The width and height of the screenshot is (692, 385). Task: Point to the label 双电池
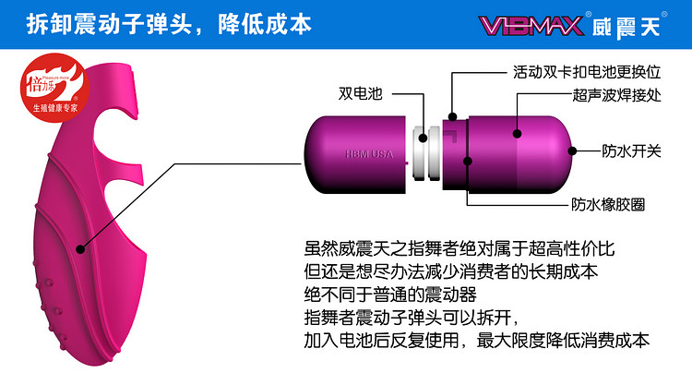pyautogui.click(x=359, y=93)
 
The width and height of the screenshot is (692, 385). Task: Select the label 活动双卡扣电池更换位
pyautogui.click(x=574, y=70)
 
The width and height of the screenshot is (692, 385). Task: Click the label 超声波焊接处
pyautogui.click(x=613, y=94)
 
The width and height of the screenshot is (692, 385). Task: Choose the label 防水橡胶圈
pyautogui.click(x=609, y=204)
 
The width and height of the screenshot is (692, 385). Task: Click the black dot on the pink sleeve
pyautogui.click(x=81, y=247)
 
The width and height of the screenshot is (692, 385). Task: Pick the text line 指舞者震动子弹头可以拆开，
pyautogui.click(x=416, y=318)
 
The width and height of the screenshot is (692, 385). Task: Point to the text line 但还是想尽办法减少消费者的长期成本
pyautogui.click(x=450, y=272)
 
